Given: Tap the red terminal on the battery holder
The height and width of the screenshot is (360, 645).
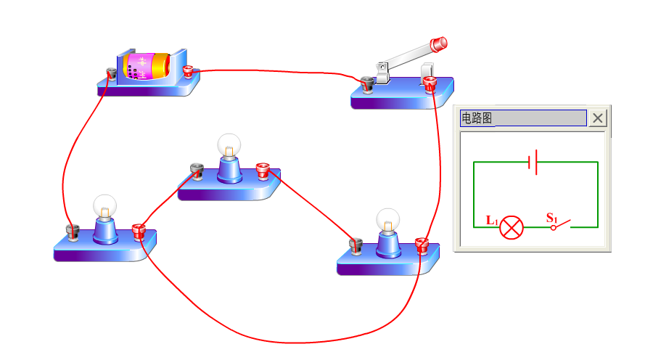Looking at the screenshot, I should [189, 72].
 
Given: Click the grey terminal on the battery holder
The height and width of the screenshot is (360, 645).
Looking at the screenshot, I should [112, 73].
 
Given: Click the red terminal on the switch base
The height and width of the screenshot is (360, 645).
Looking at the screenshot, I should [430, 84].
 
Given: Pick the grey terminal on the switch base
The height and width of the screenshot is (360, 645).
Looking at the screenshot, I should [367, 85].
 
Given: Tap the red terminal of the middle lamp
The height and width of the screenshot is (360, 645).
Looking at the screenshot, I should [263, 172].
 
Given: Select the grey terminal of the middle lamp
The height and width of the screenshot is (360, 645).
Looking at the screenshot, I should [196, 172].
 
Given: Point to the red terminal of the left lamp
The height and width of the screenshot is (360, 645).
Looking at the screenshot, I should [139, 232].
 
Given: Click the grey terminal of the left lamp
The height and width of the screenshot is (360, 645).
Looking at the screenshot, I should [72, 232].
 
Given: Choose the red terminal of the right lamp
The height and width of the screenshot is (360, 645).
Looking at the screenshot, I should [422, 245].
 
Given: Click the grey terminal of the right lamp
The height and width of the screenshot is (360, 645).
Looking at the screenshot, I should [356, 246].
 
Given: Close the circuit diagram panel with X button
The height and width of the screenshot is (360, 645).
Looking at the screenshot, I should [597, 118].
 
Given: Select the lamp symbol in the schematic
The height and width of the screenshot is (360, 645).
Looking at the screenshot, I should [512, 227].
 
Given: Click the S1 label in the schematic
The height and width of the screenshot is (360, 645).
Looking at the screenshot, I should [551, 217].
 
